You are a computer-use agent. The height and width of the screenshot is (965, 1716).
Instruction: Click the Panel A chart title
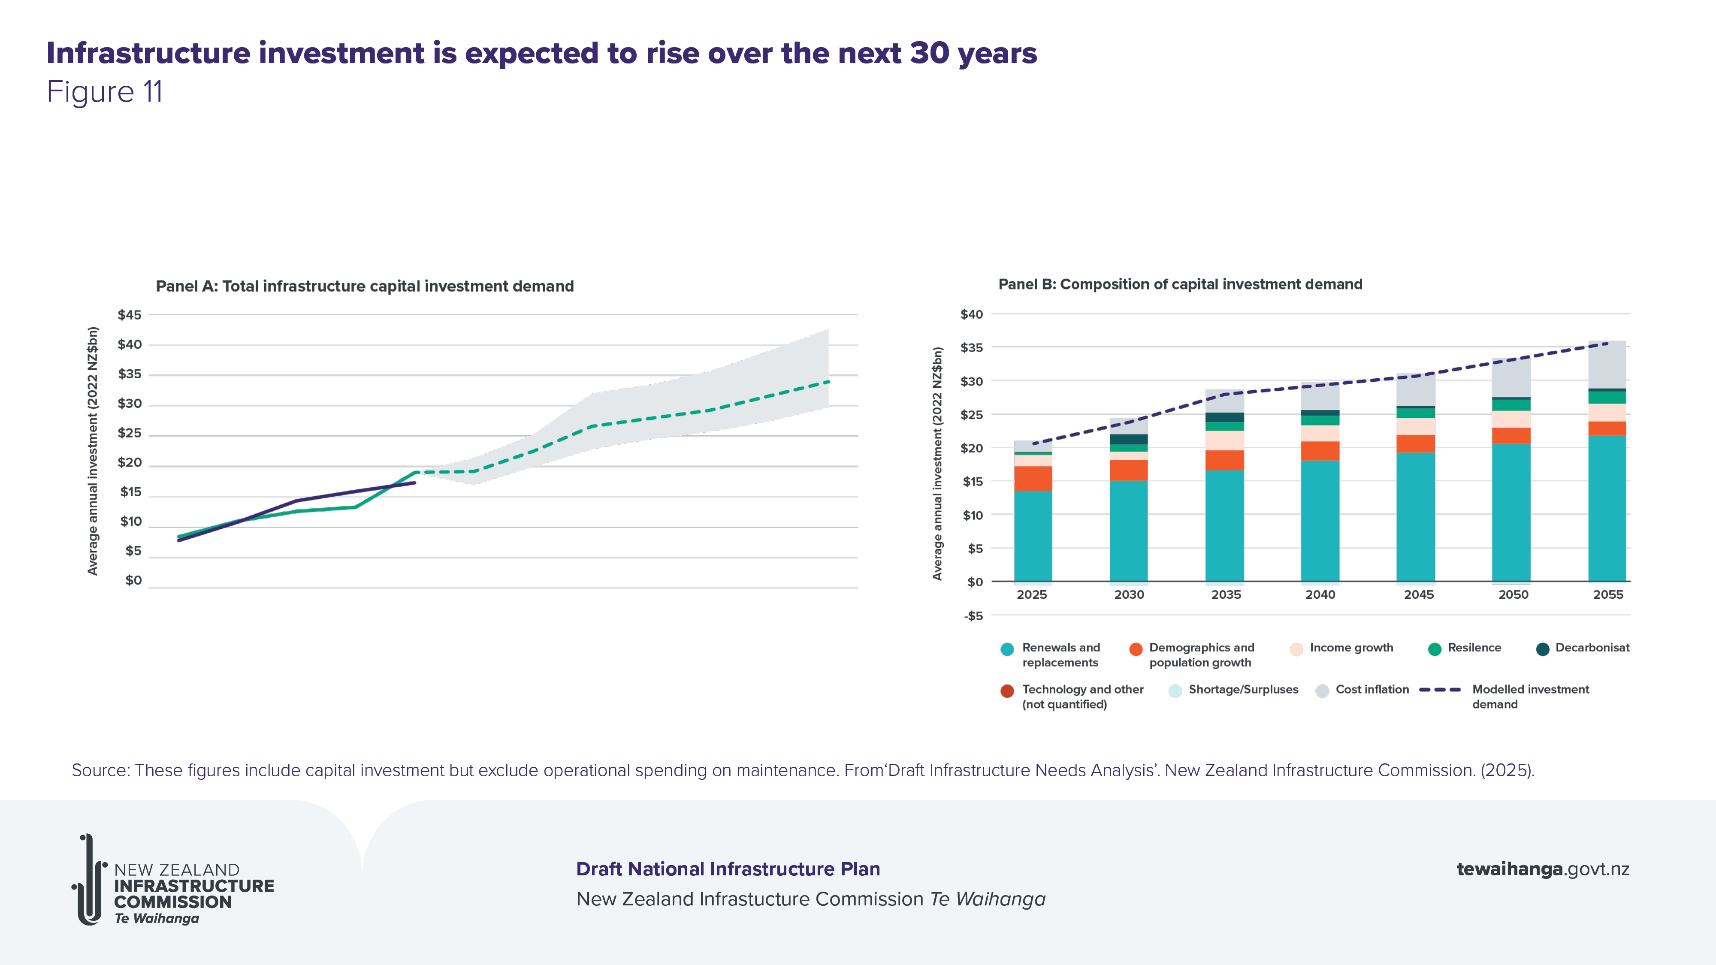click(x=364, y=286)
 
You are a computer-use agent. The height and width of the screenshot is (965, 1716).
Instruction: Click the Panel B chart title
click(x=1180, y=284)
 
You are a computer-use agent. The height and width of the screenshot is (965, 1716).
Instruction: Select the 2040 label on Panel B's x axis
click(x=1320, y=595)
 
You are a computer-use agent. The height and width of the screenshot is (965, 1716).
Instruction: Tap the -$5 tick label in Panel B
click(x=973, y=616)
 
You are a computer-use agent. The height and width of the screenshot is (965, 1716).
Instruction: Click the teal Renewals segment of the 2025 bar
click(x=1033, y=536)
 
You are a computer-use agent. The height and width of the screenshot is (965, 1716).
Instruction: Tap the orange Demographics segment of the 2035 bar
click(x=1224, y=460)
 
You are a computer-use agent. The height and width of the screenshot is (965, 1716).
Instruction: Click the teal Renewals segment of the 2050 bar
click(x=1511, y=513)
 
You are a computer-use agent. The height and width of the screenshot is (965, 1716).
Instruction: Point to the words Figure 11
click(x=105, y=92)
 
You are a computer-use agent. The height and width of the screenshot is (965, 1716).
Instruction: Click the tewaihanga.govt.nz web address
click(x=1542, y=869)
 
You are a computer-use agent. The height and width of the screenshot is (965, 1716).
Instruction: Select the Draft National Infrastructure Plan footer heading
click(x=728, y=869)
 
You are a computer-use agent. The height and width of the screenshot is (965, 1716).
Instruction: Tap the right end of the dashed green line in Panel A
click(x=828, y=382)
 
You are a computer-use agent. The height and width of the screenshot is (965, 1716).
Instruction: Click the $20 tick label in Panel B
click(x=971, y=448)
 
